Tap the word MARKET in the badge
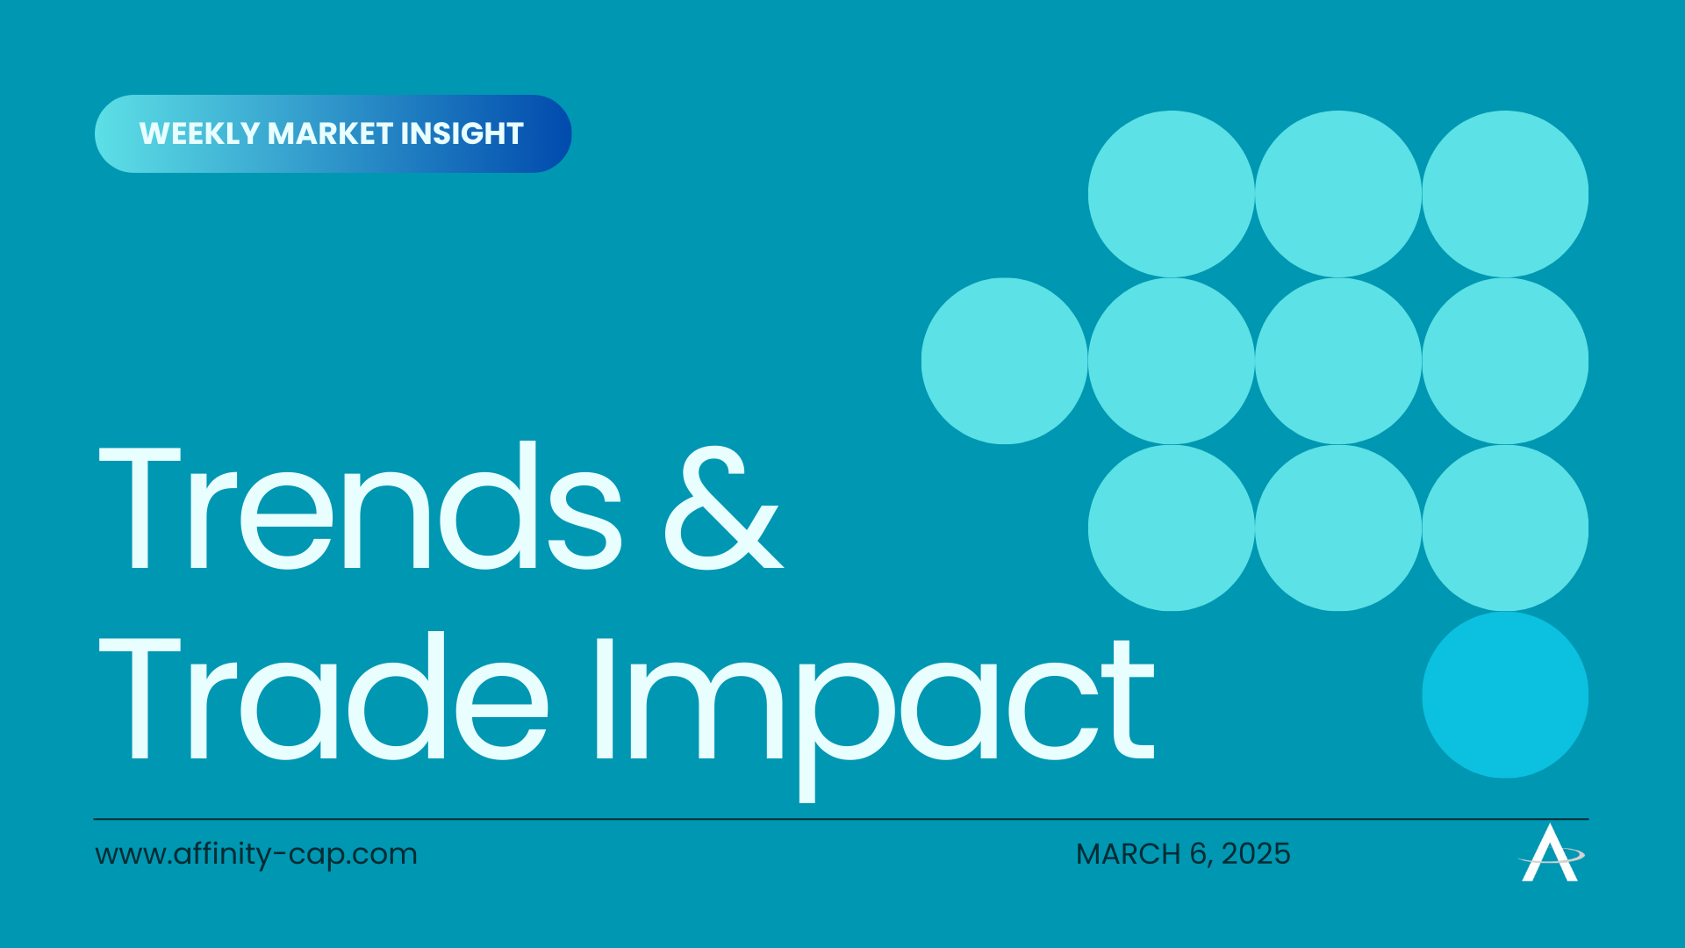[330, 133]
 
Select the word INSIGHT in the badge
[462, 133]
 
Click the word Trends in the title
[361, 506]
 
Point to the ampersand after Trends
[723, 509]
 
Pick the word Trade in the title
[324, 697]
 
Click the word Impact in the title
[874, 715]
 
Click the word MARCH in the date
[1129, 854]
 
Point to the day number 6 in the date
[1199, 854]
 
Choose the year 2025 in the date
[1256, 854]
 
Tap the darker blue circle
[1505, 694]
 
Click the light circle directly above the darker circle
[1505, 528]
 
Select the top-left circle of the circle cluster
[1172, 194]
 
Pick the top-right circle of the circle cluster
[1505, 194]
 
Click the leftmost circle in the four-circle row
[1005, 361]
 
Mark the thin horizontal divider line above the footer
[841, 819]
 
